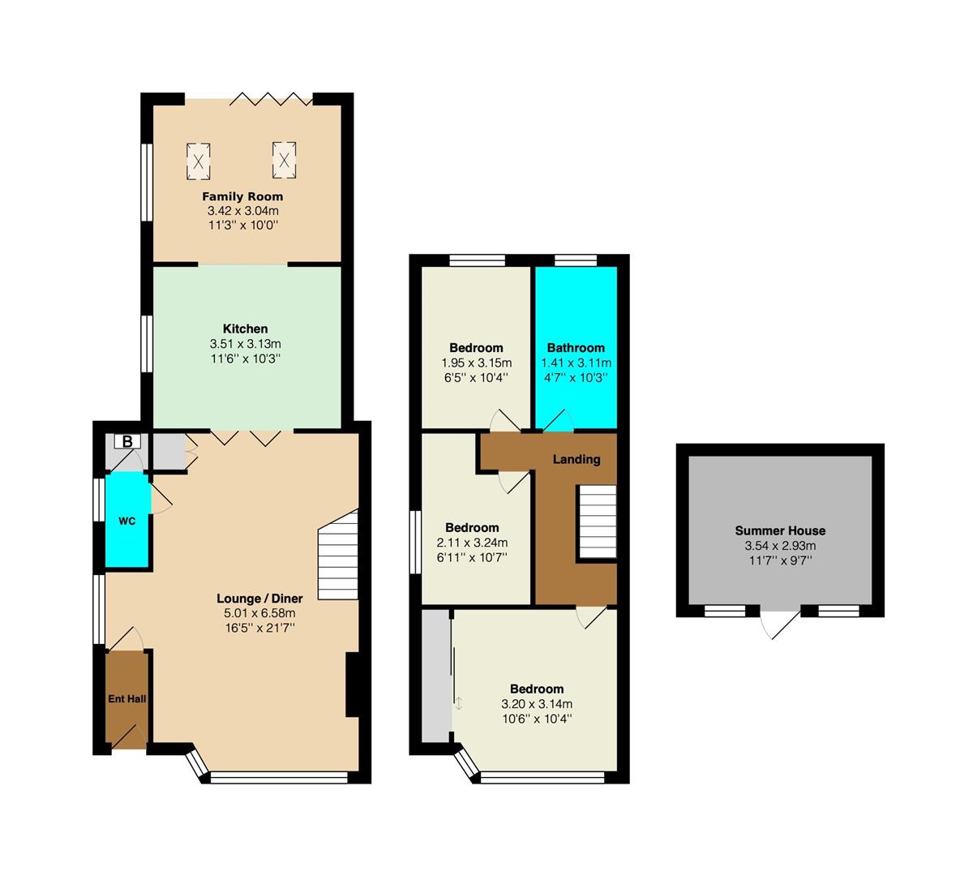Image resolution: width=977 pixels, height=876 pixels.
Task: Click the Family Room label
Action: click(x=242, y=196)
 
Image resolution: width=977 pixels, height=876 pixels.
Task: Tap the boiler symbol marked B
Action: click(x=127, y=441)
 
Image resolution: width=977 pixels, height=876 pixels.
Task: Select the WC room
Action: click(x=126, y=520)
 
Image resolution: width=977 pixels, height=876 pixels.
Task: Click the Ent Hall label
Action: click(x=126, y=698)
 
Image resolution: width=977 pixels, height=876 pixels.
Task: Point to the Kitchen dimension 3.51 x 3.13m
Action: click(x=245, y=344)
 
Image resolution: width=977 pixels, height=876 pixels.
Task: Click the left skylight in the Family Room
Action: click(x=198, y=161)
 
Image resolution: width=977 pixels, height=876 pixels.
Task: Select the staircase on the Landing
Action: click(x=597, y=522)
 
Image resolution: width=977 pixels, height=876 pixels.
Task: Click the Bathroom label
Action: click(x=576, y=348)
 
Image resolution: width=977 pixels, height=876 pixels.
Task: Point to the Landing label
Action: click(x=576, y=459)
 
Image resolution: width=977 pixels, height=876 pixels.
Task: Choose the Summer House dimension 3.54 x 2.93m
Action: click(x=780, y=546)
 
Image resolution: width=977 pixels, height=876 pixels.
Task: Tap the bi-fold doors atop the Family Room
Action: click(x=271, y=100)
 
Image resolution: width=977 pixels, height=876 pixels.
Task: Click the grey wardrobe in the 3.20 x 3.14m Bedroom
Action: click(x=436, y=676)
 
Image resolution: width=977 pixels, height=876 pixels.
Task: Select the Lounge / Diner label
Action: click(x=259, y=599)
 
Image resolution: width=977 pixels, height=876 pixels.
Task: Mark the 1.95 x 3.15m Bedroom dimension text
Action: click(x=477, y=363)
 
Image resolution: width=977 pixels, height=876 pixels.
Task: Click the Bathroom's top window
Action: click(x=576, y=260)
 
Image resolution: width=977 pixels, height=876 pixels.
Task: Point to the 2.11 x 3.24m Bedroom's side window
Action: click(x=416, y=543)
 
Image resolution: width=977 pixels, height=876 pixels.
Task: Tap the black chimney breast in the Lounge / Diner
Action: click(x=354, y=685)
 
